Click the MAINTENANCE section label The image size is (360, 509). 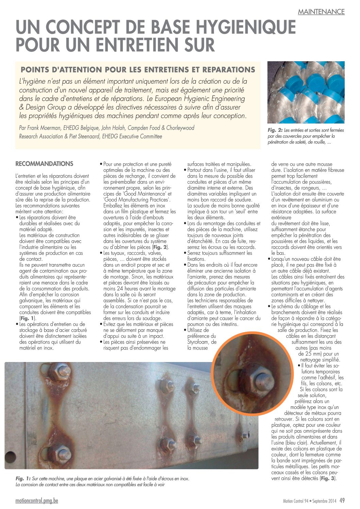pos(321,12)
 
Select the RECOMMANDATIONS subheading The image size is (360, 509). pos(44,164)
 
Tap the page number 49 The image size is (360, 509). pos(342,500)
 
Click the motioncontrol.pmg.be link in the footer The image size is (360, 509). pos(37,500)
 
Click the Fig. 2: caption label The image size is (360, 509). pos(275,130)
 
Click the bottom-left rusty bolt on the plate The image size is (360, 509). pos(63,452)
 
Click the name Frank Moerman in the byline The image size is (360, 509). pos(42,128)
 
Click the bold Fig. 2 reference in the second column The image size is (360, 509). pos(160,247)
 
